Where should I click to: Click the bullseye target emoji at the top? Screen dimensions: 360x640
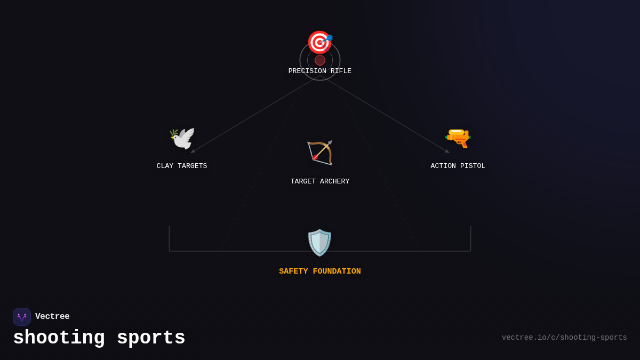pos(319,42)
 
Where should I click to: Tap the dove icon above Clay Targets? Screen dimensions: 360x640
pos(182,139)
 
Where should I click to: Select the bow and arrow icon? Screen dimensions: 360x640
pos(320,153)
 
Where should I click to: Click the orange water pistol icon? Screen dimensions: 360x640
pos(458,138)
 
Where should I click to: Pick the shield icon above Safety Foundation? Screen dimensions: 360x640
pos(319,243)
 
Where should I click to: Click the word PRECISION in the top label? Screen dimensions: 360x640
pos(307,71)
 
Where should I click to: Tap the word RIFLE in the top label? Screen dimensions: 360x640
pos(341,71)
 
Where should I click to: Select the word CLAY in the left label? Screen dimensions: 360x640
pos(165,166)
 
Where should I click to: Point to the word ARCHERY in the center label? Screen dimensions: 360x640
pos(334,182)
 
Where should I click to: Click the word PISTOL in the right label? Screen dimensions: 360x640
pos(473,166)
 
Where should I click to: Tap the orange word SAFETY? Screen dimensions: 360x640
pos(293,271)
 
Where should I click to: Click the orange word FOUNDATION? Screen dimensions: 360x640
pos(337,271)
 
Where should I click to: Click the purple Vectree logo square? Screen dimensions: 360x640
pos(22,317)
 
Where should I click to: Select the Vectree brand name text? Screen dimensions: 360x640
pos(52,317)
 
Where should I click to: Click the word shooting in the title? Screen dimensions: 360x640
pos(59,338)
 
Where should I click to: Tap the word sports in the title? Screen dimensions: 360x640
pos(151,338)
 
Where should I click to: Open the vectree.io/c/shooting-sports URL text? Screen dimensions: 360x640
pos(564,338)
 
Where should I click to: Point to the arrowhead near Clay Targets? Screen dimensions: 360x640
pos(193,151)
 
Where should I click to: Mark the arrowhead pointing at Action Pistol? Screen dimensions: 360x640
pos(447,151)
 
